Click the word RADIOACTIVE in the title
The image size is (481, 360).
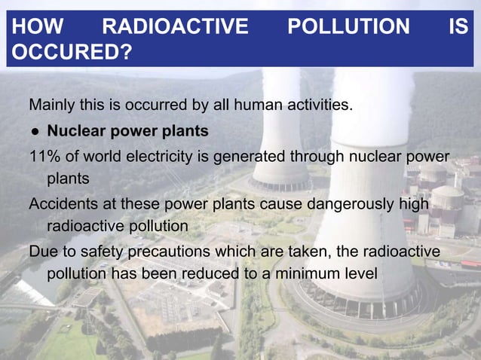[175, 28]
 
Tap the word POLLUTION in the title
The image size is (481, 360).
[348, 28]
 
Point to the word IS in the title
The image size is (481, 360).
[458, 28]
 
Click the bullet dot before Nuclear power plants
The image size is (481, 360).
[35, 132]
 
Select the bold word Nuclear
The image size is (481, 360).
[77, 131]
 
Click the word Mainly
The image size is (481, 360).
[54, 105]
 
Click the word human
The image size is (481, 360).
[259, 104]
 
